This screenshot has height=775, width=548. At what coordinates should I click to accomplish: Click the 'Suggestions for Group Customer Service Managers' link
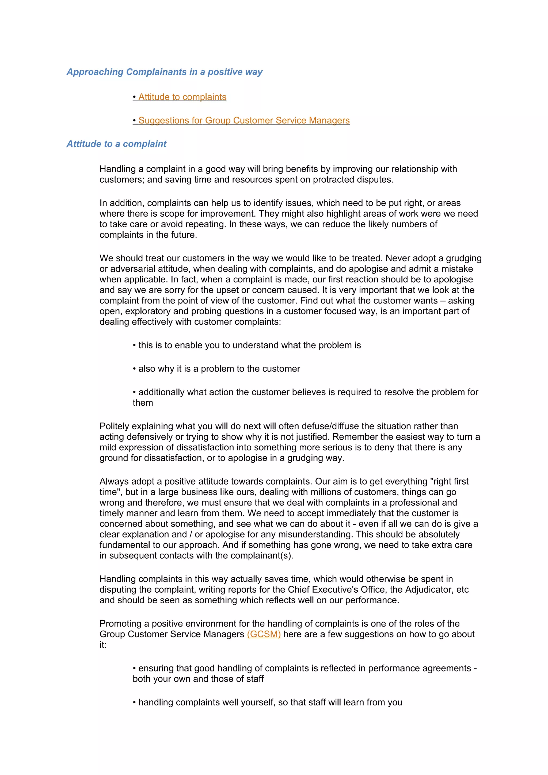244,121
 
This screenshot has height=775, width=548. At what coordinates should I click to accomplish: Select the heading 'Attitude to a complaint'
116,144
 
